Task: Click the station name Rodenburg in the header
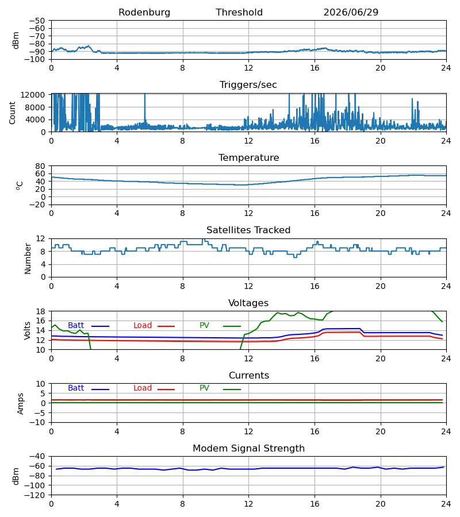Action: (x=144, y=13)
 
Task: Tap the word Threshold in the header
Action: (x=239, y=13)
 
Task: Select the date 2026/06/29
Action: (x=351, y=13)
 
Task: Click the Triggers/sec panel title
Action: (x=248, y=85)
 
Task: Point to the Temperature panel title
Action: (x=248, y=157)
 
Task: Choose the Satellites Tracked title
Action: (x=248, y=230)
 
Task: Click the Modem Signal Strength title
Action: (x=248, y=449)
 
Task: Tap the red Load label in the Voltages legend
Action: (x=143, y=326)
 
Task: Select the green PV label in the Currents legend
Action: (x=204, y=388)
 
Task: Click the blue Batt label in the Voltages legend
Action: (x=76, y=326)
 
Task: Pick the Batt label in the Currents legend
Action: (x=76, y=388)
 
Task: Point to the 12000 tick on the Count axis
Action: (x=33, y=95)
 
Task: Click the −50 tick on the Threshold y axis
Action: (x=37, y=21)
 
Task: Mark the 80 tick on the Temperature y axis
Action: (x=40, y=166)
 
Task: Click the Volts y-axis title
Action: (x=27, y=331)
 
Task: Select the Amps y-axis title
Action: (x=21, y=404)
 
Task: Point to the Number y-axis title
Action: (x=28, y=259)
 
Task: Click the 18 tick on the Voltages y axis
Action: (x=41, y=311)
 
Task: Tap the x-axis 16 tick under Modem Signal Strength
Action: (x=315, y=504)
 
